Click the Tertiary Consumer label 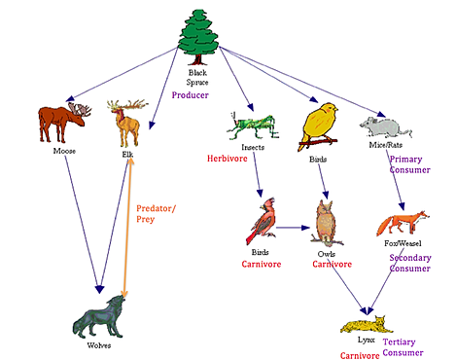(x=406, y=348)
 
